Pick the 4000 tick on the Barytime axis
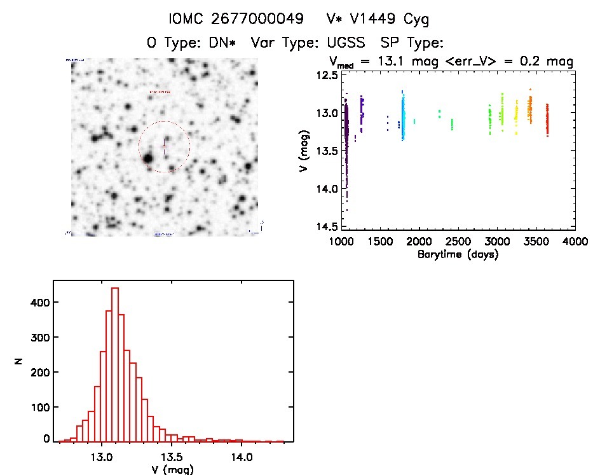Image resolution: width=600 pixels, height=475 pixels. point(575,242)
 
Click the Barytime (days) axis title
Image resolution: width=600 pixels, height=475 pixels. point(458,254)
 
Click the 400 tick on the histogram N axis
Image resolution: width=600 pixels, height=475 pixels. point(39,303)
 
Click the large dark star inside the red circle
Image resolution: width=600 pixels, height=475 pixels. point(149,158)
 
